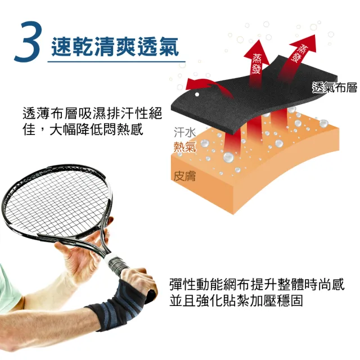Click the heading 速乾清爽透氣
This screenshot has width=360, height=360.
tap(115, 47)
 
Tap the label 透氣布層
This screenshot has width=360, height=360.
tap(335, 88)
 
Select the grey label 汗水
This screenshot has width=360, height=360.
tap(184, 133)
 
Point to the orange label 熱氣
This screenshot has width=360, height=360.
tap(185, 146)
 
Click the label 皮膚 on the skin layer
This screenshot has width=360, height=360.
tap(184, 176)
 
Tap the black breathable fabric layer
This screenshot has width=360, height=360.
tap(253, 96)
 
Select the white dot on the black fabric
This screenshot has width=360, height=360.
tap(197, 94)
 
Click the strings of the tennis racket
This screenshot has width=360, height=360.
tap(57, 202)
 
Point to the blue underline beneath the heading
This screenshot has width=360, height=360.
tap(116, 62)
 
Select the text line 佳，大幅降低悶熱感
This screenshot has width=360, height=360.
tap(83, 129)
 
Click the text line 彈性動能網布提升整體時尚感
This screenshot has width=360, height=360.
tap(257, 284)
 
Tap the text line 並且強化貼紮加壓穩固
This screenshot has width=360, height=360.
tap(236, 300)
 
